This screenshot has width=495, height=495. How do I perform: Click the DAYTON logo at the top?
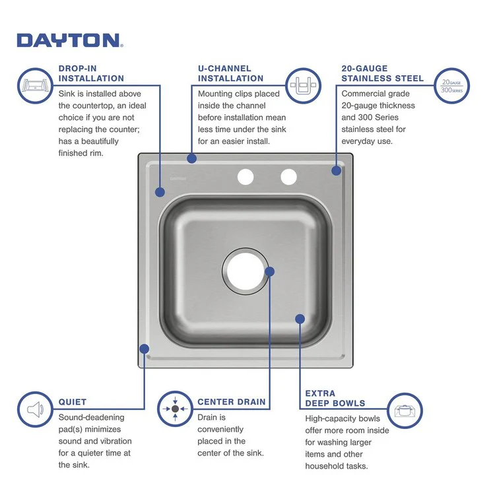pyautogui.click(x=69, y=40)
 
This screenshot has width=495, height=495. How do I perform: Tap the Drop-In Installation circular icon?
pyautogui.click(x=35, y=85)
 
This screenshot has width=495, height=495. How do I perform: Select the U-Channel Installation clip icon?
pyautogui.click(x=304, y=85)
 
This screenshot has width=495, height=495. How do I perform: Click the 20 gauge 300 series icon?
pyautogui.click(x=451, y=86)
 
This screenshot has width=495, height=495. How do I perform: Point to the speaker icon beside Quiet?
pyautogui.click(x=35, y=409)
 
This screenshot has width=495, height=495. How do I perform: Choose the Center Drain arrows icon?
pyautogui.click(x=175, y=409)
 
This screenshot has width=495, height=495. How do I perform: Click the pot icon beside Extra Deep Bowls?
pyautogui.click(x=404, y=410)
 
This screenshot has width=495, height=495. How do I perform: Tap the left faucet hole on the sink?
pyautogui.click(x=245, y=177)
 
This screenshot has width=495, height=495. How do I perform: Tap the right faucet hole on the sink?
pyautogui.click(x=288, y=177)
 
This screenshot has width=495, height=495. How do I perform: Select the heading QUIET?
pyautogui.click(x=73, y=402)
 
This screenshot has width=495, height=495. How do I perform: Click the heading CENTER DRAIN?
pyautogui.click(x=232, y=402)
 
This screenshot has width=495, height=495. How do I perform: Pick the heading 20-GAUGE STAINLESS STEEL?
pyautogui.click(x=382, y=73)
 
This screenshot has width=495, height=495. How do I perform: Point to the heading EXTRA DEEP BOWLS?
pyautogui.click(x=335, y=398)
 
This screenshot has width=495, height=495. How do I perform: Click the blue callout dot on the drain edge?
pyautogui.click(x=269, y=271)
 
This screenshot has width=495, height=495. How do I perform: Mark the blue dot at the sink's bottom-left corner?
pyautogui.click(x=145, y=348)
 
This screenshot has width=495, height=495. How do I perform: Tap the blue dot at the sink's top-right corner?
pyautogui.click(x=336, y=170)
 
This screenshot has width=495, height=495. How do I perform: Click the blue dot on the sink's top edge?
pyautogui.click(x=191, y=158)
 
